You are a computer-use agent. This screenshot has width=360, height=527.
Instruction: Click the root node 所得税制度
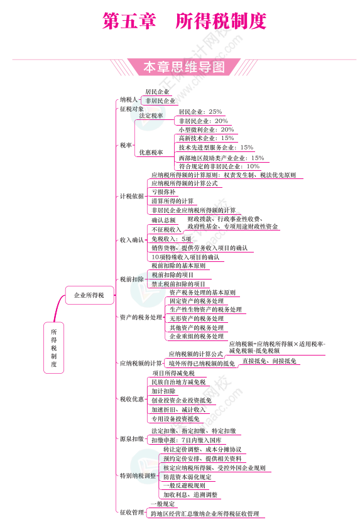click(x=53, y=347)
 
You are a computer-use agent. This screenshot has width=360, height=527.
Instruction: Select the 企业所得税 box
click(x=89, y=295)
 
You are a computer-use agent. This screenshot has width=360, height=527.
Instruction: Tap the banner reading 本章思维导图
click(x=184, y=67)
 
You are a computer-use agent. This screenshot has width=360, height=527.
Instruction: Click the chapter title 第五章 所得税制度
click(x=184, y=21)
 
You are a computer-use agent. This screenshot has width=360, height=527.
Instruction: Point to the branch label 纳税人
click(x=129, y=100)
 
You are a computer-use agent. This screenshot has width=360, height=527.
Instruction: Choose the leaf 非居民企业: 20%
click(x=204, y=121)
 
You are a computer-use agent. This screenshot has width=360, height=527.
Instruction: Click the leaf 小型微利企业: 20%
click(x=206, y=130)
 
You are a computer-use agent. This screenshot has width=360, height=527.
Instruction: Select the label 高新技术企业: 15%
click(x=206, y=138)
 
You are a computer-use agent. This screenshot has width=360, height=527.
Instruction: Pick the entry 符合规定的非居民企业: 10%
click(x=219, y=166)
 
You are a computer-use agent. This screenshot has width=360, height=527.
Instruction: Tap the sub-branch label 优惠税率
click(x=151, y=153)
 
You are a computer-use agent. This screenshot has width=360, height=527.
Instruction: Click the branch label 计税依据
click(x=132, y=196)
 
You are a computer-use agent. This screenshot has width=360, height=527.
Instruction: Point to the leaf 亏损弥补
click(x=163, y=192)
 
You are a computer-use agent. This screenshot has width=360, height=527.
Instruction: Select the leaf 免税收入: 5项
click(x=172, y=239)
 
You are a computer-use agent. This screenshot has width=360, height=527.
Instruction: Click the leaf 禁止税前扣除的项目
click(x=178, y=284)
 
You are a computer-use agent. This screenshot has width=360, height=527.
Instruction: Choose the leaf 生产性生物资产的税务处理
click(x=205, y=310)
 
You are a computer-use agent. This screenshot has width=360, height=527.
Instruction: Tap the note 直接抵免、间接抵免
click(x=270, y=361)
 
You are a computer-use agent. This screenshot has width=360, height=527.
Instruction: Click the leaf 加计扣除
click(x=163, y=391)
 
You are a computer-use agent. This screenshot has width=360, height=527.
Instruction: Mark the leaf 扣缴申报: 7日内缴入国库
click(x=186, y=440)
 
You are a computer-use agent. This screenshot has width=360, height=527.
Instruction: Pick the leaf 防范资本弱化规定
click(x=188, y=477)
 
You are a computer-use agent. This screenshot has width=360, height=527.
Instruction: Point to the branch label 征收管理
click(x=132, y=512)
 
